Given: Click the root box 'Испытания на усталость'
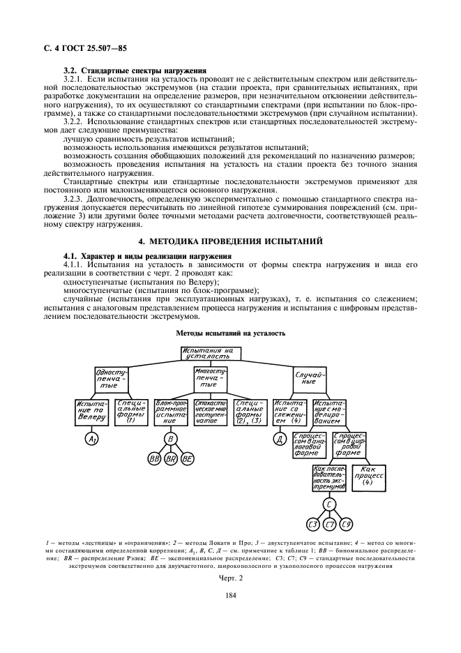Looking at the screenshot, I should click(211, 354).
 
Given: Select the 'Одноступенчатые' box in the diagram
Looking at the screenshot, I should click(112, 380).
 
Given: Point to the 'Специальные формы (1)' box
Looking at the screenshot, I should click(129, 412).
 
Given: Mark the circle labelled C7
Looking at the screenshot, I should click(329, 524).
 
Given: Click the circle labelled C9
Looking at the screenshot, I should click(347, 524).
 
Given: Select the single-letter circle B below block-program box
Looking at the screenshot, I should click(170, 439).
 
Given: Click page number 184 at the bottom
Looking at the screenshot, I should click(230, 594).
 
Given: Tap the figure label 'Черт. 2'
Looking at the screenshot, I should click(230, 578).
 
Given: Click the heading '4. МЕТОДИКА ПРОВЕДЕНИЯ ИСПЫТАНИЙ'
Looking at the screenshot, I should click(230, 241).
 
